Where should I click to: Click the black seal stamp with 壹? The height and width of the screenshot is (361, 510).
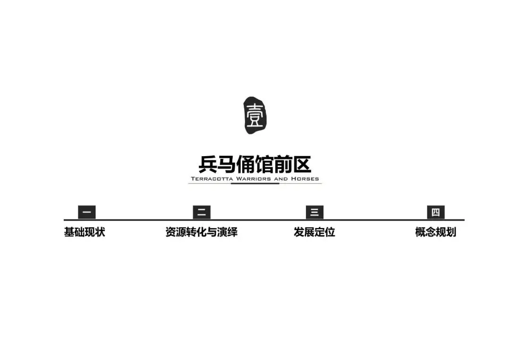(x=255, y=115)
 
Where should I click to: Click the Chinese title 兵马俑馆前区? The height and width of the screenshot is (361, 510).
(x=255, y=165)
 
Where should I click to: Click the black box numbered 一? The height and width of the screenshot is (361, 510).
(x=86, y=212)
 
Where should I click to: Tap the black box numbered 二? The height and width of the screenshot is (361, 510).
(x=202, y=212)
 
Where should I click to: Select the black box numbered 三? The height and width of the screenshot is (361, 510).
(x=314, y=212)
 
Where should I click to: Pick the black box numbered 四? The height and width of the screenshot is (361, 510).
(x=435, y=212)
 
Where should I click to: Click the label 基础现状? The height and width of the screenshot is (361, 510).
(x=85, y=232)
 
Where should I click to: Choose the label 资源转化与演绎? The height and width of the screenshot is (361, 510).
(x=201, y=232)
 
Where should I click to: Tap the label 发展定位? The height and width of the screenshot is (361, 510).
(x=314, y=232)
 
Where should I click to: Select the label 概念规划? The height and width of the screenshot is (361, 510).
(x=435, y=232)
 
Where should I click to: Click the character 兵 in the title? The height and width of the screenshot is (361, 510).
(x=208, y=165)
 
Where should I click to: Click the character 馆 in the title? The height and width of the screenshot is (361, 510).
(x=264, y=165)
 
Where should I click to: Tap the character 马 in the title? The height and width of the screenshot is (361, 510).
(x=227, y=165)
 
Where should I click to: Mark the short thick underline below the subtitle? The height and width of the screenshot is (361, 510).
(x=255, y=184)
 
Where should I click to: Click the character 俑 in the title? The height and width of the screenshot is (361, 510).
(x=246, y=165)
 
